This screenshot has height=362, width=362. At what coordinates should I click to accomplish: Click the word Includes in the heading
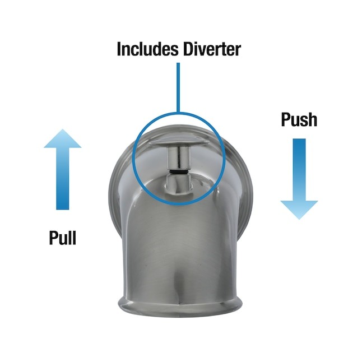tap(147, 49)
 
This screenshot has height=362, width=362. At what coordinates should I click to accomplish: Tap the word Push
tap(299, 119)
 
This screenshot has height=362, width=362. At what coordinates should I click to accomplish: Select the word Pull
tap(63, 238)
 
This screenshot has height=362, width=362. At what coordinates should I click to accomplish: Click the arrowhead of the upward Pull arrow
tap(63, 138)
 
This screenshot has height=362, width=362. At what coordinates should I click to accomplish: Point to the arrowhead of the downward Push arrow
tap(299, 210)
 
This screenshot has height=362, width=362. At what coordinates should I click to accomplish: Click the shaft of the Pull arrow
tap(63, 179)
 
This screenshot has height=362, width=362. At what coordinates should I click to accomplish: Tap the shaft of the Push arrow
tap(299, 170)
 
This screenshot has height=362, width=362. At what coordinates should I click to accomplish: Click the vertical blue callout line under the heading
tap(178, 87)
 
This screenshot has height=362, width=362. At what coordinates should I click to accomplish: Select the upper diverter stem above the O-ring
tap(179, 159)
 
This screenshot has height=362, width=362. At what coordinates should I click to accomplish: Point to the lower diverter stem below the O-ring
tap(179, 184)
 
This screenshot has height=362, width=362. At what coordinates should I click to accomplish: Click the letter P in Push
tap(286, 119)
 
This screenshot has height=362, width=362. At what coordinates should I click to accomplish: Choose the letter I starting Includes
tap(119, 49)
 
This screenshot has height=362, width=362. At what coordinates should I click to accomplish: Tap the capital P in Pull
tap(54, 238)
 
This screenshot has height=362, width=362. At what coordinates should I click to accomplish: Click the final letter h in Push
tap(313, 119)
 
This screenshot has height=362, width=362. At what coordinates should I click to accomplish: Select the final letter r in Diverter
tap(238, 50)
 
